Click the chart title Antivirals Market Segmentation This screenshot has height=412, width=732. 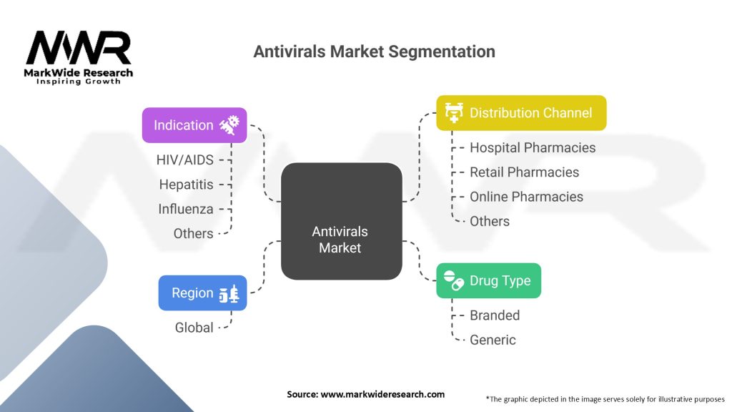pos(374,51)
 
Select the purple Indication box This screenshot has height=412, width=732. pos(194,125)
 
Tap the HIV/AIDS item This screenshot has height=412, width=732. pos(184,160)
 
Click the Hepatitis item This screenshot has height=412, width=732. pos(186,185)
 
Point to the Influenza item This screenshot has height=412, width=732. pos(186,209)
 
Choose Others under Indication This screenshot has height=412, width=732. pos(193,233)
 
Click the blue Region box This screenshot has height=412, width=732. pos(202,293)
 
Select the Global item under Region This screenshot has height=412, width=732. pos(194,328)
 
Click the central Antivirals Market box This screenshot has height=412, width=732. pos(341,221)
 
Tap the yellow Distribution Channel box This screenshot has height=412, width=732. pos(521,113)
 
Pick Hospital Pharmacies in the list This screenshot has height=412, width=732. pos(532,147)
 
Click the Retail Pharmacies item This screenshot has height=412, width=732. pos(524,172)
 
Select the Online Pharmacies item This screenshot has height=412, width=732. pos(526,197)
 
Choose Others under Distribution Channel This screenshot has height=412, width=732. pos(490,221)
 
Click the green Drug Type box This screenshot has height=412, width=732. pos(488,280)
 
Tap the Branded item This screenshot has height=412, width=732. pos(494,315)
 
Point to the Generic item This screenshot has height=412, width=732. pos(493,340)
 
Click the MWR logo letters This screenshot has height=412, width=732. pos(79,49)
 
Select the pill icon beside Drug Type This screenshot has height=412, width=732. pos(453,280)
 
